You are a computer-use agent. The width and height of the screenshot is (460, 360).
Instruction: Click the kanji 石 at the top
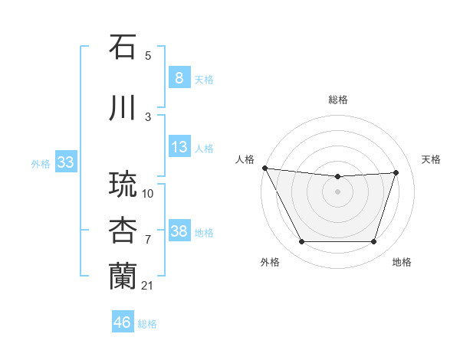tap(123, 47)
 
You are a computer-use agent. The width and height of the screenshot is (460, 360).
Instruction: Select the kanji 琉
tap(123, 185)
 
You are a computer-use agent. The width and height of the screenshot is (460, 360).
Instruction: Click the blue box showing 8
tap(179, 77)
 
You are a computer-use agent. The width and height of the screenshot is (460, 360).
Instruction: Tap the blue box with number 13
tap(179, 147)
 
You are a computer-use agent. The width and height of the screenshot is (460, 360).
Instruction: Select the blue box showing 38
tap(179, 231)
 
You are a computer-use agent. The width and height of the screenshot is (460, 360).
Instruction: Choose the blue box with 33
tap(65, 162)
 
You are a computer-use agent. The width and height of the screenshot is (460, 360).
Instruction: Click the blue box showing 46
tap(123, 322)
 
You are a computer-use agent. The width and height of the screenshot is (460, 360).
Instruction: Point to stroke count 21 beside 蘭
tap(148, 286)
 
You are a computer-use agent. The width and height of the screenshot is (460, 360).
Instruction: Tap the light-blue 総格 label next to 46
tap(147, 323)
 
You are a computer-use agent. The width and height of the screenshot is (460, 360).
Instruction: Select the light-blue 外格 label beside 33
tap(41, 162)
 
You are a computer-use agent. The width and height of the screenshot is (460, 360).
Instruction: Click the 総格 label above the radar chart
tap(337, 100)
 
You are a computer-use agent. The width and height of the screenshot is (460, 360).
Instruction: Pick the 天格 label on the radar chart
tap(432, 159)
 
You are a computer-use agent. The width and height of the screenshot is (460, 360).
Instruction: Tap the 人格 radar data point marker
tap(264, 168)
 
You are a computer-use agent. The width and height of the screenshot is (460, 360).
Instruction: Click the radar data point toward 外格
tap(301, 242)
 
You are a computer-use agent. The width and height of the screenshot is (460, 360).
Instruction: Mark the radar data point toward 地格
tap(373, 242)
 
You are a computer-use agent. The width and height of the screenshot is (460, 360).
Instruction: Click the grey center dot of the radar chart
tap(337, 191)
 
